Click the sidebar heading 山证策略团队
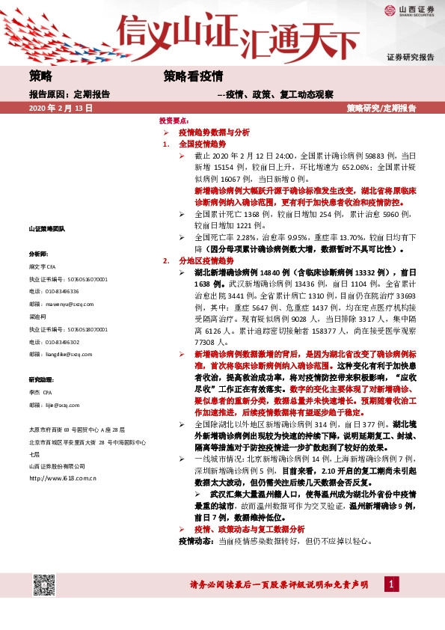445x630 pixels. [47, 227]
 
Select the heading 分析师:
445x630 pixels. [38, 254]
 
